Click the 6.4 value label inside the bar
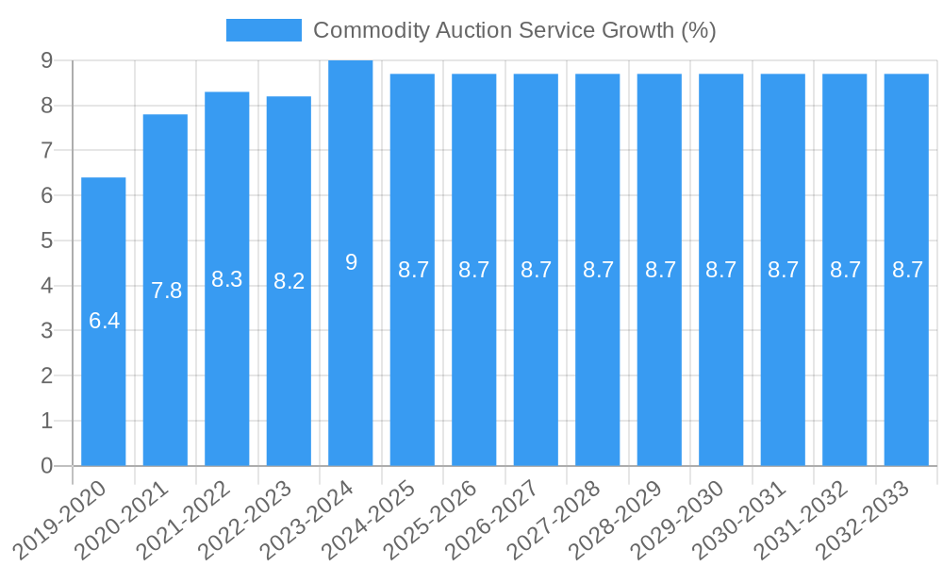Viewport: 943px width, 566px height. (104, 321)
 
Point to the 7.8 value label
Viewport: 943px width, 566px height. (166, 291)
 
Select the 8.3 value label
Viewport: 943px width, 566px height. (227, 279)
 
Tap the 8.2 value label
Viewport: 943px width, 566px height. (289, 281)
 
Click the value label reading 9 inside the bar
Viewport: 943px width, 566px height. (351, 262)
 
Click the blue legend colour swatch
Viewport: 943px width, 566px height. (263, 30)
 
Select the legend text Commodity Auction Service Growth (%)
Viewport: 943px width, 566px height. (514, 30)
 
